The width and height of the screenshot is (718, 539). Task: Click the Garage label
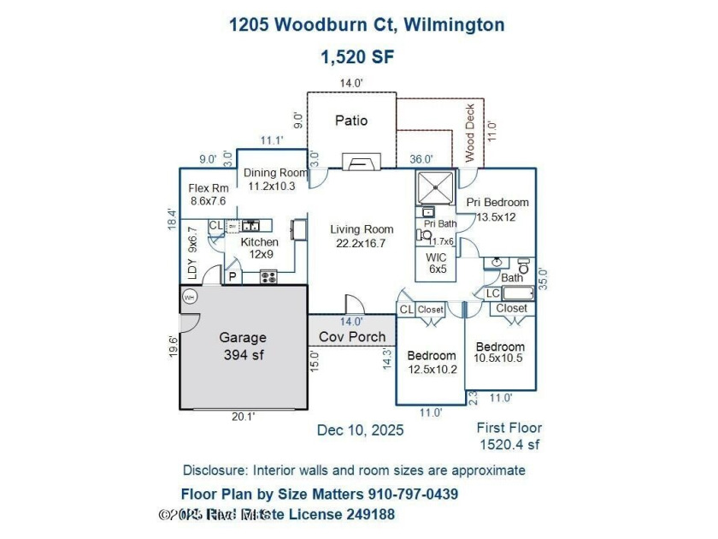pyautogui.click(x=242, y=338)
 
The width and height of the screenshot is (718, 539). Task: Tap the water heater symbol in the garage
pyautogui.click(x=189, y=297)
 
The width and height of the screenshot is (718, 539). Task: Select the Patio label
pyautogui.click(x=351, y=121)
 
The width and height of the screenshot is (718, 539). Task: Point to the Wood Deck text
pyautogui.click(x=469, y=133)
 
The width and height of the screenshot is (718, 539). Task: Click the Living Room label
pyautogui.click(x=362, y=229)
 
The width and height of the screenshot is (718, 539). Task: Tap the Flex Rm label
pyautogui.click(x=208, y=188)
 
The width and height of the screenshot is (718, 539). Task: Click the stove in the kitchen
pyautogui.click(x=268, y=276)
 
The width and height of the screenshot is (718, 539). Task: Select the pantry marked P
pyautogui.click(x=232, y=277)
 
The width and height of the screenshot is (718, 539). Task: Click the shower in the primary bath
pyautogui.click(x=436, y=186)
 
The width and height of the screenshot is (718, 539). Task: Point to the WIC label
pyautogui.click(x=438, y=257)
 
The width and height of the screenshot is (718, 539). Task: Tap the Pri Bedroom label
pyautogui.click(x=497, y=203)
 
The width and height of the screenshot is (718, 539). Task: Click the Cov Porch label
pyautogui.click(x=351, y=337)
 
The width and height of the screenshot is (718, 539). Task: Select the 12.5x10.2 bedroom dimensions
pyautogui.click(x=431, y=370)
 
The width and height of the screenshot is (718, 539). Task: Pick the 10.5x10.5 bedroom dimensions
pyautogui.click(x=499, y=359)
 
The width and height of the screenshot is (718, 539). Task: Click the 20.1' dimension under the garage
pyautogui.click(x=243, y=418)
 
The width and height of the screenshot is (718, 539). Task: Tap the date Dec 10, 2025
pyautogui.click(x=360, y=430)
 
